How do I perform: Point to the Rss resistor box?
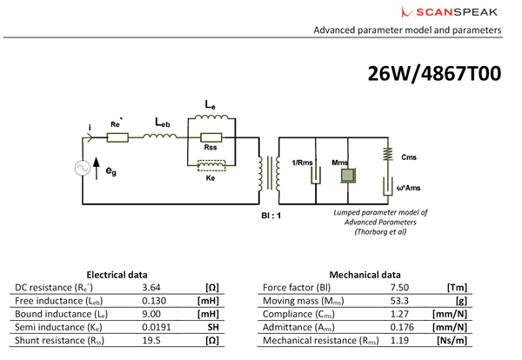point(210,137)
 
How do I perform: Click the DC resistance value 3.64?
point(153,287)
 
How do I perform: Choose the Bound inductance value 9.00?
point(153,314)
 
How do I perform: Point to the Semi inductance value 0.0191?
point(157,328)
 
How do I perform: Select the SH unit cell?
point(211,328)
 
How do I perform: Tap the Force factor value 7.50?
point(401,287)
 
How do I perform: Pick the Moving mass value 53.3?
point(401,301)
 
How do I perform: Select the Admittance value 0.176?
point(404,328)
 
